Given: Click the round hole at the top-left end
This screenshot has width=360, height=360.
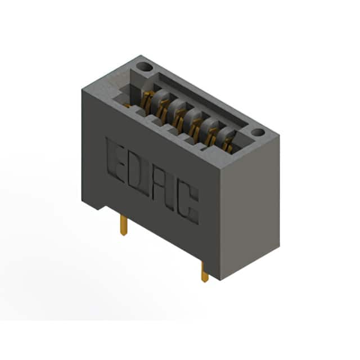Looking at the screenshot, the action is coord(144,67).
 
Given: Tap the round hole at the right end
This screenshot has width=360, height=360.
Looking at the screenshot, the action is coord(258,133).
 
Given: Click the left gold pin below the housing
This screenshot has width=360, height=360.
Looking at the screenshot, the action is coord(124,226).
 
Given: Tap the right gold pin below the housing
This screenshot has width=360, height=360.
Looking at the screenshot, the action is coord(205,272).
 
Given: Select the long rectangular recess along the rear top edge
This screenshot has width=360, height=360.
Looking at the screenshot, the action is coord(201,100).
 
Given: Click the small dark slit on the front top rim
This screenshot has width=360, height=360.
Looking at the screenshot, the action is coord(203,150).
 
